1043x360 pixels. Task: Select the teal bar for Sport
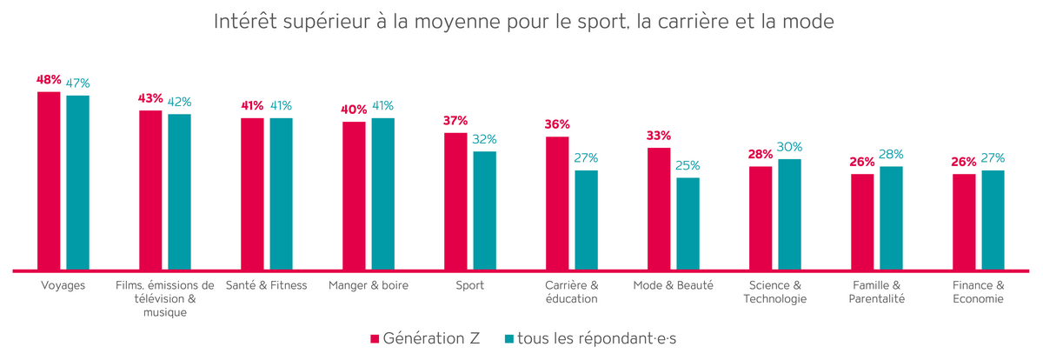click(484, 210)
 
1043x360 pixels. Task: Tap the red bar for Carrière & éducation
click(557, 203)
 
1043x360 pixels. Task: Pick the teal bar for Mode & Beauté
click(688, 223)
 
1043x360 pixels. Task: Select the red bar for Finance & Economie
click(964, 222)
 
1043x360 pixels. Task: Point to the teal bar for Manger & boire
click(382, 194)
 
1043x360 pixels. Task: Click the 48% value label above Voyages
click(49, 79)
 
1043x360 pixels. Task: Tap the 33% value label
click(659, 136)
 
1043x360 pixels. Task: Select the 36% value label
click(557, 124)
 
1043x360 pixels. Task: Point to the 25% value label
click(688, 165)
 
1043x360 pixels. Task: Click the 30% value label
click(789, 147)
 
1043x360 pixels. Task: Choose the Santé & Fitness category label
click(267, 285)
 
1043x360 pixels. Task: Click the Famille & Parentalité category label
click(877, 292)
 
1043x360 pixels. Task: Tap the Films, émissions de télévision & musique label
click(165, 299)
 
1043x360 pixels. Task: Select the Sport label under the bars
click(470, 285)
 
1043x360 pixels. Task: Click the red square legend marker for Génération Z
click(375, 338)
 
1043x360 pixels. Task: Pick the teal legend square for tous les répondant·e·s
click(509, 338)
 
